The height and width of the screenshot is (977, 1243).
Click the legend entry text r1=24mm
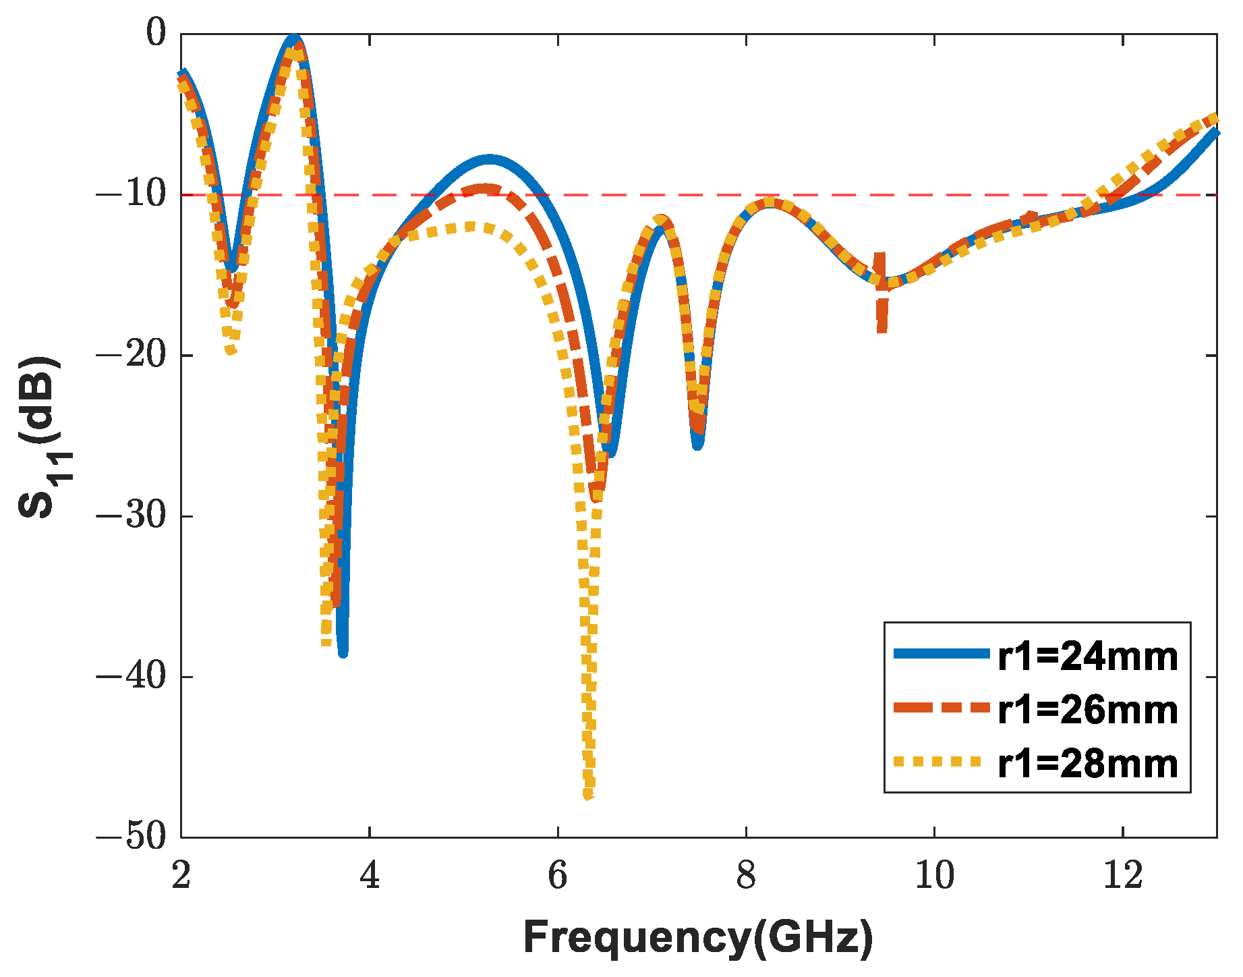(x=1087, y=657)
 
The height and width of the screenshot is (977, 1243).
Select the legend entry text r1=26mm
(x=1087, y=710)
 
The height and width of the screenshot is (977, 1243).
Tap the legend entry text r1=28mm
(x=1087, y=764)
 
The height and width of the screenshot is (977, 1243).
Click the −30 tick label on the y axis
(x=131, y=517)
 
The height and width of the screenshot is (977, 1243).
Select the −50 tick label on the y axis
(x=131, y=837)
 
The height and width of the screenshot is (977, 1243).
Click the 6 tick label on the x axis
(x=558, y=876)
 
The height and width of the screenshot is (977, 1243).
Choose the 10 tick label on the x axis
(x=934, y=876)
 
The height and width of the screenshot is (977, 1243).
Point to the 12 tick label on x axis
(x=1123, y=876)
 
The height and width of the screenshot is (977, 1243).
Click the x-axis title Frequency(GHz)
(x=698, y=938)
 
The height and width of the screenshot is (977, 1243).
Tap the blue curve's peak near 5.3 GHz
(x=490, y=160)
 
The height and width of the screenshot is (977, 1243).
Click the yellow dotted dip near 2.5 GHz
(x=231, y=350)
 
